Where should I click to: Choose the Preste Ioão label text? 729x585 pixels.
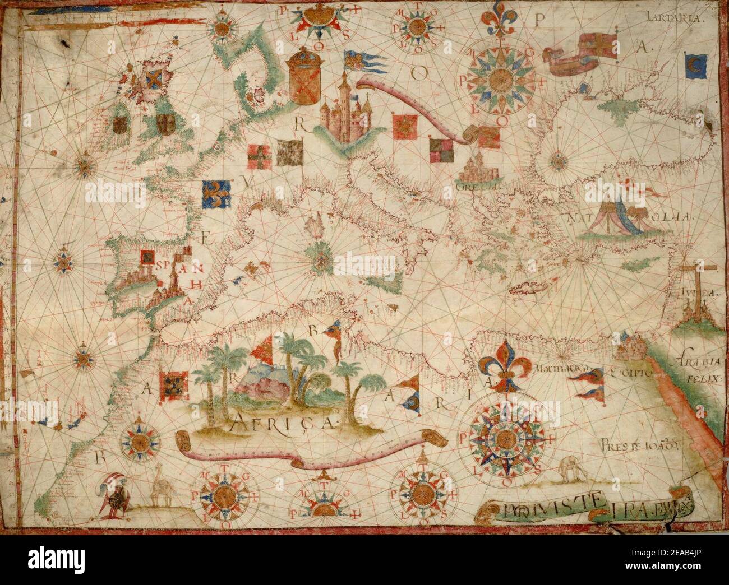tap(642, 447)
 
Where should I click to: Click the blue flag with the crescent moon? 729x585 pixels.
tap(693, 63)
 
